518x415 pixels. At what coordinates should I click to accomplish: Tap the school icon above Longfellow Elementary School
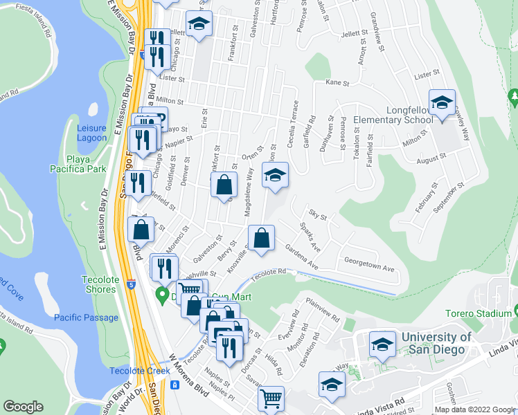[x=442, y=103]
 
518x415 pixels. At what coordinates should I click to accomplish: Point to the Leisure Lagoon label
[x=91, y=133]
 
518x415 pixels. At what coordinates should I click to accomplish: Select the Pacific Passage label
[x=86, y=317]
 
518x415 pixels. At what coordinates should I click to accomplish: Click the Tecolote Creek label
[x=139, y=371]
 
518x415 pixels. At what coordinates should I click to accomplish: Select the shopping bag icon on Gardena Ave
[x=261, y=239]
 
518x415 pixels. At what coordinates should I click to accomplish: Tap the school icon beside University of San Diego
[x=382, y=345]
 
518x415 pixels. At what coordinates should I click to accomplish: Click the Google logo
[x=24, y=407]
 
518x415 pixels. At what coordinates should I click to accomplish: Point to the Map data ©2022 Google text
[x=475, y=409]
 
